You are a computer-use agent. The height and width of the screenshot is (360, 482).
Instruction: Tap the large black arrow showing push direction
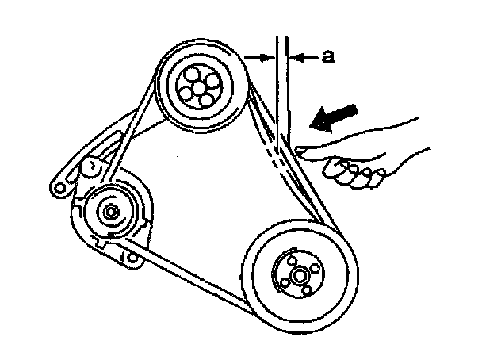click(x=328, y=119)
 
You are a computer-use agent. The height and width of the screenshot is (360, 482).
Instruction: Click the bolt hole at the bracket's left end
click(x=58, y=187)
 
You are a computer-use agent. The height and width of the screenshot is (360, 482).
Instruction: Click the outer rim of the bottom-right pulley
click(x=252, y=270)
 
